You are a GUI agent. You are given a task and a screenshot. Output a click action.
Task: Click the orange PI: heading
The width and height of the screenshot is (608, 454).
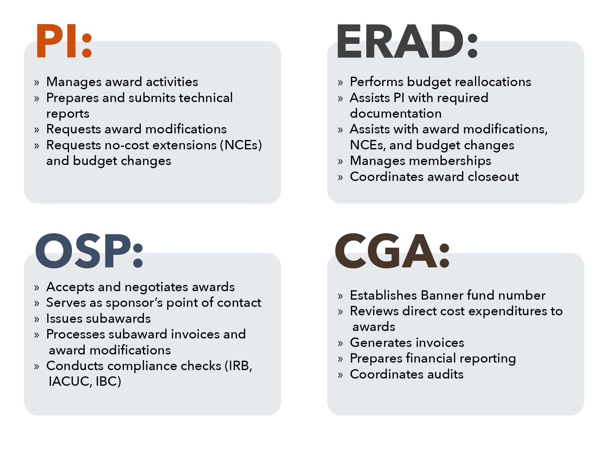(x=64, y=41)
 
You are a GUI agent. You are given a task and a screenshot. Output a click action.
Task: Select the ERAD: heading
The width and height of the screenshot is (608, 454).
(x=407, y=41)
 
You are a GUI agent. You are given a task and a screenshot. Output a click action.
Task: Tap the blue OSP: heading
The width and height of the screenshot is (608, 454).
(x=89, y=251)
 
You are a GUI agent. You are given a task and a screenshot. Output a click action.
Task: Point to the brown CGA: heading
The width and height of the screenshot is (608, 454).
(x=392, y=251)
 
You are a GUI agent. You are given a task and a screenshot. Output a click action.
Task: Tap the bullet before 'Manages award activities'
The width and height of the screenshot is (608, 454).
(x=37, y=83)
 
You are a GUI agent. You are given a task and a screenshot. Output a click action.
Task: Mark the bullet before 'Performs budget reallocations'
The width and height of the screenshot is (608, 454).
(x=340, y=83)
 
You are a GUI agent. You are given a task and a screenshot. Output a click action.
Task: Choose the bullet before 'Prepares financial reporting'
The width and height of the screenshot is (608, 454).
(x=340, y=359)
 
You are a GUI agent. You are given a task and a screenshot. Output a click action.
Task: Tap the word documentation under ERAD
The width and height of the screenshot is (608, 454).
(x=396, y=114)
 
